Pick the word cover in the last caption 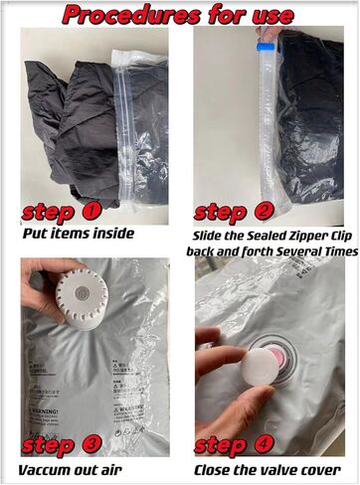[331, 470]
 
